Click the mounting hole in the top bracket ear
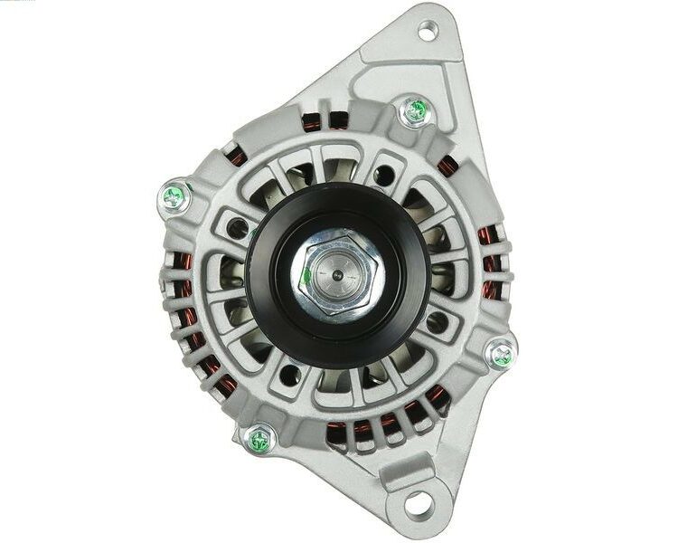coord(426,33)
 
